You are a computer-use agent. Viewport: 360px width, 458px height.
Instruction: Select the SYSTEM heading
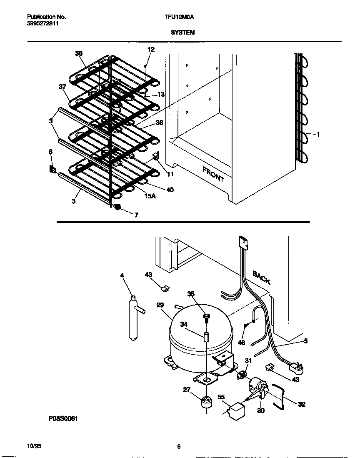182,32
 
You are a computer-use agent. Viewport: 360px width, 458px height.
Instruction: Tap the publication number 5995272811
42,24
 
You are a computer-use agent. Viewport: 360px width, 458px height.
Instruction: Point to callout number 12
151,49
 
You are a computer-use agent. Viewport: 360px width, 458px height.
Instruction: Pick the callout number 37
62,87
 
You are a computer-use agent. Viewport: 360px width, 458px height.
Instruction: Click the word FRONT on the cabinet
213,174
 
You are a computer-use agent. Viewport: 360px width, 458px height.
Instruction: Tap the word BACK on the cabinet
262,277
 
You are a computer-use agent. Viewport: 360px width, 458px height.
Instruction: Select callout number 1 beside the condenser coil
318,134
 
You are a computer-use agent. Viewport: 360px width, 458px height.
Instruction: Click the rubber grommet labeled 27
205,403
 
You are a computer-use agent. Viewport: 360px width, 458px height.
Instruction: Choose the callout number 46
241,343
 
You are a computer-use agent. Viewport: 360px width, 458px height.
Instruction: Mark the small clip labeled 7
118,207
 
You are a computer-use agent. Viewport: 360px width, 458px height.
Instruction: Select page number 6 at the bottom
179,447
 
